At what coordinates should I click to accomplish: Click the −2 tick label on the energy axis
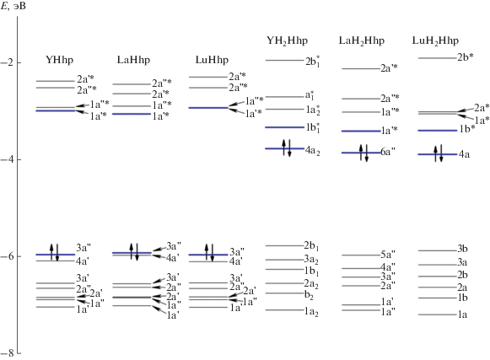[x=6, y=63]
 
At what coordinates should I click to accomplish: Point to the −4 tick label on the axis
[x=6, y=159]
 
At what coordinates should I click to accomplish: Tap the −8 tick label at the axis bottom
[x=6, y=353]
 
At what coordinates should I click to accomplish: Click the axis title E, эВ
[x=13, y=6]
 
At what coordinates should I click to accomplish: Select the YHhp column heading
[x=59, y=60]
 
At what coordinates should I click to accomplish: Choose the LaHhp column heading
[x=133, y=60]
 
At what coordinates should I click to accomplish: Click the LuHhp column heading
[x=212, y=60]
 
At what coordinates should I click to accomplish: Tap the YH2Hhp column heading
[x=288, y=40]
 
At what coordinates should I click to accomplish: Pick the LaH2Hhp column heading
[x=362, y=40]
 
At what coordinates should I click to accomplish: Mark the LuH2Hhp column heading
[x=435, y=40]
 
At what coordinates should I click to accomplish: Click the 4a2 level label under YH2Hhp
[x=313, y=151]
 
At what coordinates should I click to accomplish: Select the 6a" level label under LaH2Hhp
[x=388, y=152]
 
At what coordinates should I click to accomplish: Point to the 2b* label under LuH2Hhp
[x=466, y=57]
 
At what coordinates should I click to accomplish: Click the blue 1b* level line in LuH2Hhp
[x=438, y=131]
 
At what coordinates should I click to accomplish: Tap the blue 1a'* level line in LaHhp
[x=132, y=114]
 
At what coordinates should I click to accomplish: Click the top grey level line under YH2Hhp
[x=285, y=61]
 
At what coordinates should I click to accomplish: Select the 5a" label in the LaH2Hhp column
[x=388, y=255]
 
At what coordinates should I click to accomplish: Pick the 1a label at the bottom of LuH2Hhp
[x=462, y=314]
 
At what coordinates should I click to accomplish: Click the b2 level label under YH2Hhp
[x=309, y=295]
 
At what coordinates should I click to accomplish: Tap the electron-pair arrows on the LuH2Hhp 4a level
[x=439, y=153]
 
